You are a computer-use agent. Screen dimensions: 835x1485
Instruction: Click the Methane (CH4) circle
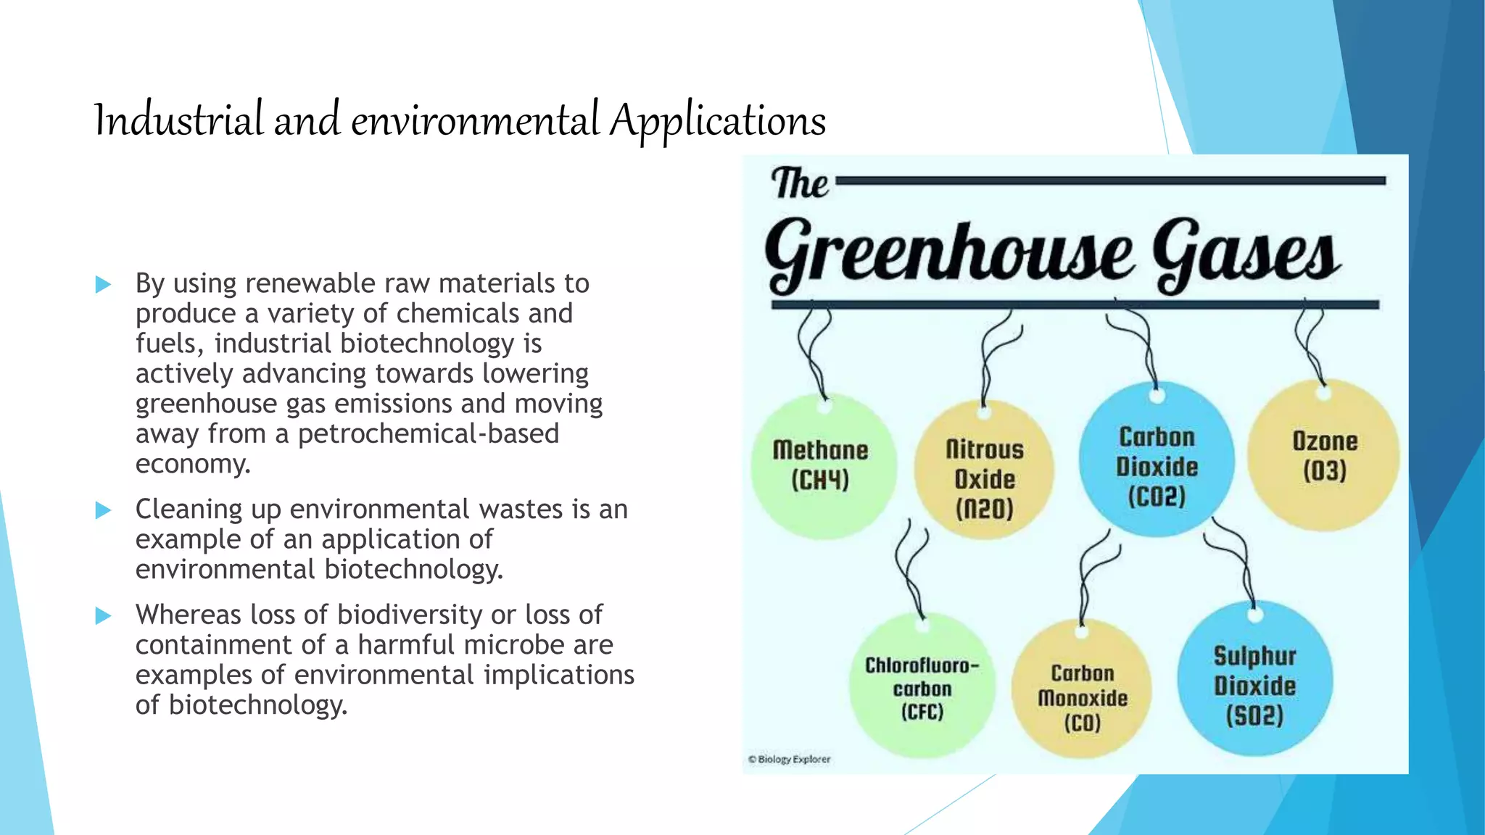(822, 465)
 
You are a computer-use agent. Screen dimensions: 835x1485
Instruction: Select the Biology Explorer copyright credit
(790, 759)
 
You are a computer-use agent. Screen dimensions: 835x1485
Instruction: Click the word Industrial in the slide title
(178, 120)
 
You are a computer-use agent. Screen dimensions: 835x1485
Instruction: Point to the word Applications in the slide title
(717, 122)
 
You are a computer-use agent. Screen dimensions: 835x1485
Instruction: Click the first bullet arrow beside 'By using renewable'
(103, 284)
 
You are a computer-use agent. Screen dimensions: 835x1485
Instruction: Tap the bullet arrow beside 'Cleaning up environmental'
(103, 510)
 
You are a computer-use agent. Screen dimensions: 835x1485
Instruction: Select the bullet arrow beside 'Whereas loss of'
(103, 616)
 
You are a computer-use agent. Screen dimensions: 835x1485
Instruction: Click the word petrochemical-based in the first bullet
(428, 433)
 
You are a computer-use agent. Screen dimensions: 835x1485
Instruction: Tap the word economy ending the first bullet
(193, 464)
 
